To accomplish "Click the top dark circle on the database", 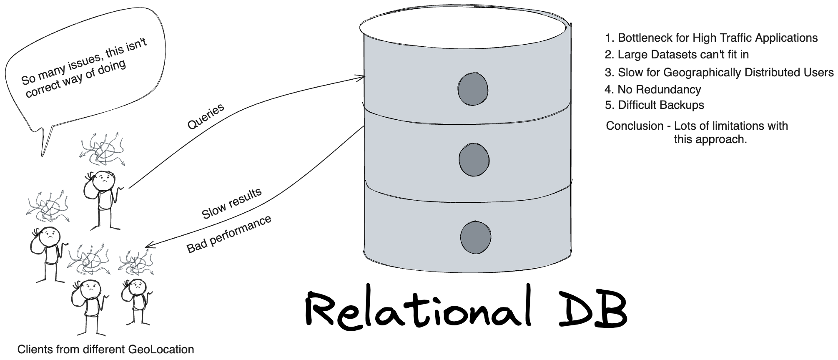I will point(473,89).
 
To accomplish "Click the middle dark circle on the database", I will point(474,159).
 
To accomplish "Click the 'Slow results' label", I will point(231,204).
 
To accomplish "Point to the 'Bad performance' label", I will point(228,234).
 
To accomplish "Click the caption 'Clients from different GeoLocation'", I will point(105,350).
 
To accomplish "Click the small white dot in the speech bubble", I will point(82,83).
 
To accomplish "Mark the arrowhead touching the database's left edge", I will point(362,77).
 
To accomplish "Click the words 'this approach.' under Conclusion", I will point(710,139).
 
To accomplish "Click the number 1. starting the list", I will point(610,38).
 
